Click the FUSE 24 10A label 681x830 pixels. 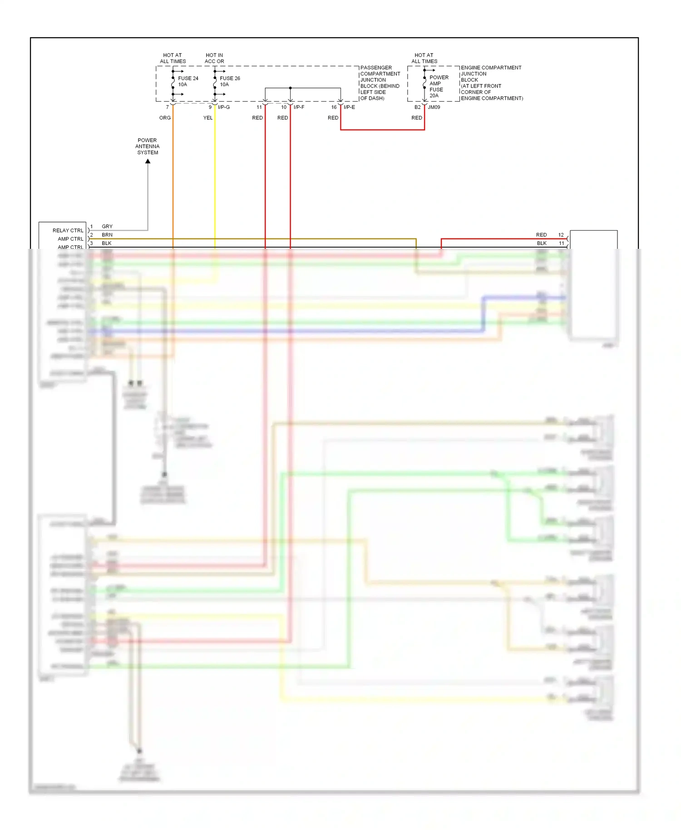(x=188, y=81)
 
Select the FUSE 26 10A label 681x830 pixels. (x=229, y=81)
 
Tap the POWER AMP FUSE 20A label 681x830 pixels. (x=438, y=86)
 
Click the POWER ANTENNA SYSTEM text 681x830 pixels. (x=148, y=146)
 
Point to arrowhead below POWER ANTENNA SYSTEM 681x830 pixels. (x=148, y=162)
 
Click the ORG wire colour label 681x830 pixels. (x=165, y=118)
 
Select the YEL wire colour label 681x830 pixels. (x=207, y=118)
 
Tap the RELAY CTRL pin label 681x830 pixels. (x=68, y=230)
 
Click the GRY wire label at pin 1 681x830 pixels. (x=107, y=226)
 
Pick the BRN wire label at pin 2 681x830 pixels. (x=107, y=235)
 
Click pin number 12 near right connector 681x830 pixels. (x=561, y=235)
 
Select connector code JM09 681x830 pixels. (x=434, y=107)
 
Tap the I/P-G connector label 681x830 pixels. (x=224, y=107)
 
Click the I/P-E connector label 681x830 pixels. (x=349, y=107)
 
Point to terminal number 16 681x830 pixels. (x=334, y=107)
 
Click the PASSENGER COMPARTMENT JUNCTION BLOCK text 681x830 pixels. (x=380, y=83)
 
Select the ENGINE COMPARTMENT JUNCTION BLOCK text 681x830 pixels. (x=491, y=83)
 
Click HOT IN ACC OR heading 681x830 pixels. (x=214, y=58)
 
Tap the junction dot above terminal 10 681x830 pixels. (x=290, y=88)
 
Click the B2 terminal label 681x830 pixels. (x=417, y=107)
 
